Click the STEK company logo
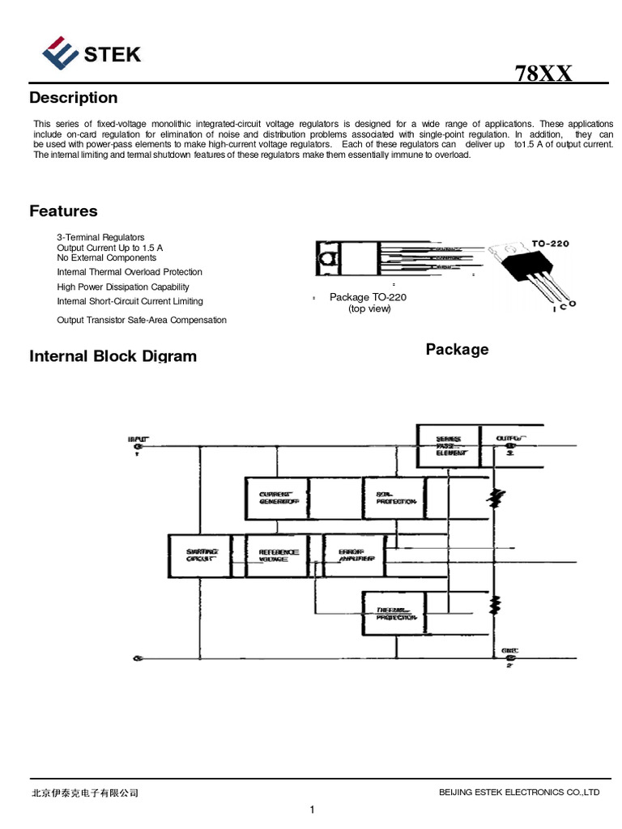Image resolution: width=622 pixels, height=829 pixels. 92,54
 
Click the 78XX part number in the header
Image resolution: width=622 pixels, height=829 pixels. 543,74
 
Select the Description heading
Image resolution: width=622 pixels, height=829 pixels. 74,98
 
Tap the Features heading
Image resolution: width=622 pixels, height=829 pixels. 63,211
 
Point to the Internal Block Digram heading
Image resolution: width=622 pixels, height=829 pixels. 113,356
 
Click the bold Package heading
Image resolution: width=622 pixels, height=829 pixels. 457,350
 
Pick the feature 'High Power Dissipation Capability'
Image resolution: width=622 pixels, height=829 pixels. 123,287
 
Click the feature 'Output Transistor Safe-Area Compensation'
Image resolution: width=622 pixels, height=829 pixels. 142,320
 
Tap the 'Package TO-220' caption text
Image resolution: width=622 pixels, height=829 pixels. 368,297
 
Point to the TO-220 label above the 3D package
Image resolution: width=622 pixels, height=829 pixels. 551,242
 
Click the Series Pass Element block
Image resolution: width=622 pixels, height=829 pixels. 448,446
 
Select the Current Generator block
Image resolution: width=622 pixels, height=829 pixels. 278,498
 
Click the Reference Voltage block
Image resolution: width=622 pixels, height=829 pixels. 278,555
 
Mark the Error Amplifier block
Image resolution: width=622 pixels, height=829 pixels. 355,555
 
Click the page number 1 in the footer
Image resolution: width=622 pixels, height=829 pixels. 312,809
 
